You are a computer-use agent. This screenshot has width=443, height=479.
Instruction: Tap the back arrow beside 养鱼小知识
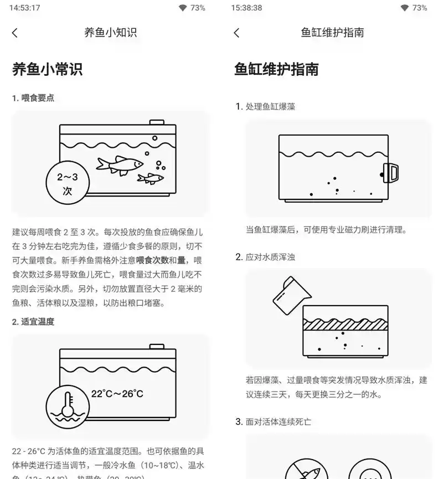tap(15, 33)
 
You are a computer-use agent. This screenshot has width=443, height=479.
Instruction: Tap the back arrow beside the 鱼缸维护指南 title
tap(237, 33)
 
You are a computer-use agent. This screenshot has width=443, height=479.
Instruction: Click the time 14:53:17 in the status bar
tap(25, 8)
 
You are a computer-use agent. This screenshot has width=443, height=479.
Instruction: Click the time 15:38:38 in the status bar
tap(247, 8)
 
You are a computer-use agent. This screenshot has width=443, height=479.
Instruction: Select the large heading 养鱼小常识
tap(48, 69)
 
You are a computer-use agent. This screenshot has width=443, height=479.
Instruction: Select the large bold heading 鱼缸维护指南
tap(277, 69)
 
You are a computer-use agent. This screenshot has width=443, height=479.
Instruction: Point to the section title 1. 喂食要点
tap(33, 98)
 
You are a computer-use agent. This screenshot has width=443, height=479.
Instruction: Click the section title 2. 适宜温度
tap(33, 322)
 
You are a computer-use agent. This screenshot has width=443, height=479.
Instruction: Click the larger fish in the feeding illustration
tap(119, 163)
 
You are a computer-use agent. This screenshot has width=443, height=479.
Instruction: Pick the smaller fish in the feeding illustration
tap(151, 178)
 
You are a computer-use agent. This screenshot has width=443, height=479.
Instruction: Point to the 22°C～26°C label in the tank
tap(117, 394)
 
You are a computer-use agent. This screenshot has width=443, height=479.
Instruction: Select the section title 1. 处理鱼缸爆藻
tap(265, 106)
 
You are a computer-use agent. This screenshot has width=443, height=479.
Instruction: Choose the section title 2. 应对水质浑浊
tap(265, 257)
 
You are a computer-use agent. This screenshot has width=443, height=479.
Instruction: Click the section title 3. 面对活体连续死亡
tap(273, 422)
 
